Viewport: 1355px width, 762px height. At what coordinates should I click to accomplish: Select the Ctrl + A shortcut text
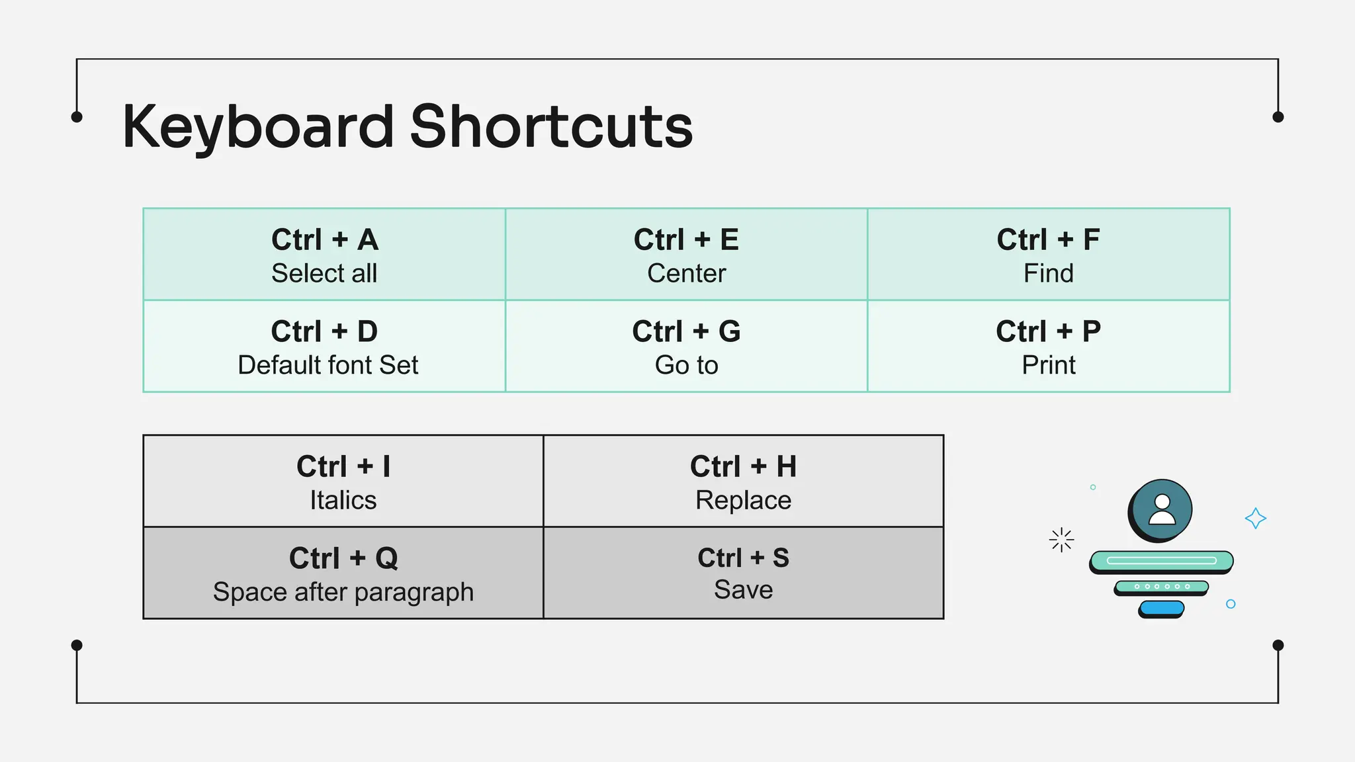tap(324, 239)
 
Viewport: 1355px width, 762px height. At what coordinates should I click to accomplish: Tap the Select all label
tap(324, 273)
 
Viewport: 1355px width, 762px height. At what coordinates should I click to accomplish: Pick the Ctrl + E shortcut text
tap(686, 239)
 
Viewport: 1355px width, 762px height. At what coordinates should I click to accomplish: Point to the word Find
tap(1048, 273)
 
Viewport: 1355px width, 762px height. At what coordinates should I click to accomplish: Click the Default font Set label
tap(328, 365)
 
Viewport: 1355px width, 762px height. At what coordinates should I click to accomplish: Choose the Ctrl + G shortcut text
tap(686, 331)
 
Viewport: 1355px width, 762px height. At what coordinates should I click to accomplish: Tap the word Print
tap(1048, 365)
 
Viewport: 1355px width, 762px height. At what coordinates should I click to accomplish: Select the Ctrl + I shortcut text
tap(343, 466)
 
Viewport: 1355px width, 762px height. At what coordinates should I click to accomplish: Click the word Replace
tap(743, 500)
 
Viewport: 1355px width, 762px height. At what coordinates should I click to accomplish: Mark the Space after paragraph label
tap(343, 592)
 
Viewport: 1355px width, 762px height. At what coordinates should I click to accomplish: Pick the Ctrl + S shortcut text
tap(743, 558)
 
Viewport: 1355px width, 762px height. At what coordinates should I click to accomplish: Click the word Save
tap(743, 589)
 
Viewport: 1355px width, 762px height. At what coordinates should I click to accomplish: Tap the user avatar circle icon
tap(1161, 510)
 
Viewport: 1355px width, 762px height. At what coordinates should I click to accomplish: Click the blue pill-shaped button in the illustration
tap(1162, 607)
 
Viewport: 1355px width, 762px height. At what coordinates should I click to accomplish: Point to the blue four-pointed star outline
tap(1255, 518)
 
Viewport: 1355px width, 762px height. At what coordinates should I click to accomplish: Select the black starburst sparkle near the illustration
tap(1061, 540)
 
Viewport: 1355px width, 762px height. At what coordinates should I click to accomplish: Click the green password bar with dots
tap(1162, 586)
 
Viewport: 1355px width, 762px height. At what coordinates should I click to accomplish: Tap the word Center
tap(686, 273)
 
